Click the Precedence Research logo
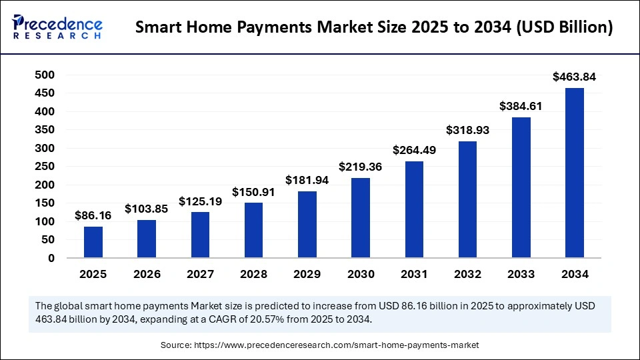click(57, 28)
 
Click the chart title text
click(374, 28)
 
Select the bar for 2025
click(93, 242)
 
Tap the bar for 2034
click(575, 173)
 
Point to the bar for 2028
click(254, 231)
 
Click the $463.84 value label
click(575, 77)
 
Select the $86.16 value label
click(93, 216)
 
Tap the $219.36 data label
click(361, 167)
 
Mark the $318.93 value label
click(467, 131)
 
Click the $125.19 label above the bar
click(200, 201)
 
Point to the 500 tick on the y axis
click(45, 75)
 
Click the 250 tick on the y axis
click(45, 167)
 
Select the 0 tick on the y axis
click(51, 259)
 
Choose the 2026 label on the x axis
click(147, 274)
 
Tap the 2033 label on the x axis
click(521, 274)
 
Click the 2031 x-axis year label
click(414, 274)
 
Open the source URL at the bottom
click(336, 345)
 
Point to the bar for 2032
click(467, 200)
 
